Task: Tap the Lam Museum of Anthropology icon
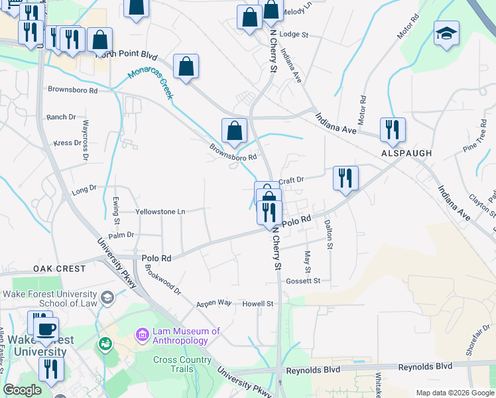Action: click(x=143, y=336)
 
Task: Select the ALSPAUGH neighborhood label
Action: click(x=406, y=153)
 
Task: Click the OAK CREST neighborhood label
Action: click(x=60, y=269)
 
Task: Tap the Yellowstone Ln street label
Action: click(x=160, y=212)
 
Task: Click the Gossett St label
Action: click(x=303, y=281)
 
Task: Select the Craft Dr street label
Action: click(x=290, y=180)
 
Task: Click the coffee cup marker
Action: click(x=46, y=329)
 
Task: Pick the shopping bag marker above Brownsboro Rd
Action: click(x=234, y=130)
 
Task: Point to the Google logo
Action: click(x=22, y=390)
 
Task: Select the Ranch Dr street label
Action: click(x=62, y=117)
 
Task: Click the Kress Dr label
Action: click(x=67, y=143)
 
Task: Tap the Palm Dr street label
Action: click(x=121, y=235)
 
